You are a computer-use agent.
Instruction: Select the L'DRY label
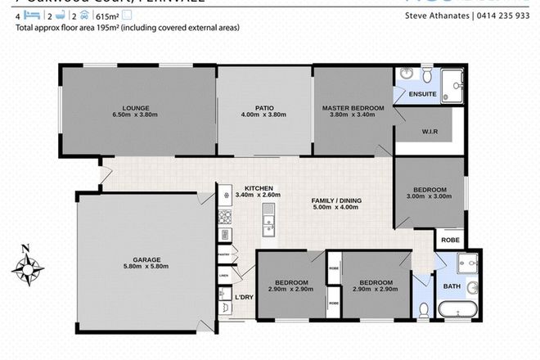(243, 297)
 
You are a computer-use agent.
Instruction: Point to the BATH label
(452, 287)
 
